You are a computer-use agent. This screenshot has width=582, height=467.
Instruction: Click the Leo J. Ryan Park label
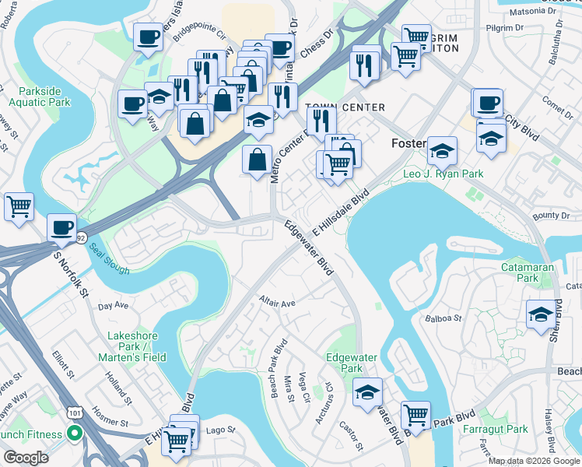tap(442, 174)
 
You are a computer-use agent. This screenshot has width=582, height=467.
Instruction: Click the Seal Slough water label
tap(109, 259)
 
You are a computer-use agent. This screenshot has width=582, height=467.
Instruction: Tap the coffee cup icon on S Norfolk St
tap(62, 227)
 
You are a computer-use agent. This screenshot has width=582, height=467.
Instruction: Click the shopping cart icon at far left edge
tap(18, 206)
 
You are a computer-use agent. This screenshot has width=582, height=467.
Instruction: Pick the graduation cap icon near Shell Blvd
tap(541, 314)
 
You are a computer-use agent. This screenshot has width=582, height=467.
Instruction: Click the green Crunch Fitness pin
tap(75, 434)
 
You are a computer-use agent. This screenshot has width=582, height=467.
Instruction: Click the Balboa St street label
tap(444, 318)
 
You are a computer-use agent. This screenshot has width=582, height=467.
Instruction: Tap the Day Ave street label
tap(114, 306)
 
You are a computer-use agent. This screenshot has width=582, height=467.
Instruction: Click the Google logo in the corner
tap(26, 458)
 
